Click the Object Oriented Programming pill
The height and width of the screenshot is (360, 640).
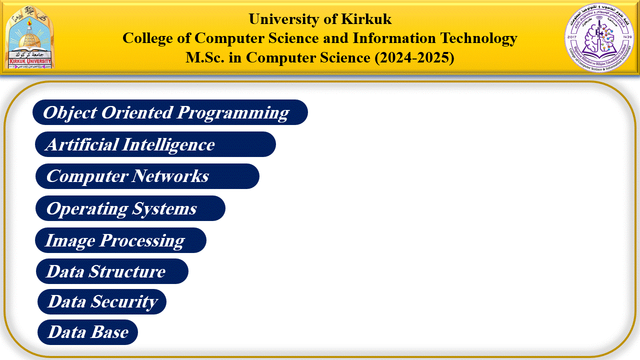tap(170, 112)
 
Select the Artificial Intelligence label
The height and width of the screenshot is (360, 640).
tap(155, 144)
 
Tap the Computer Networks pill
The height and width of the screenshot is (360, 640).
tap(147, 176)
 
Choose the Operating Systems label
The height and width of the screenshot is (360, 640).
tap(130, 208)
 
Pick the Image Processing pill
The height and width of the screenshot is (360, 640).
tap(120, 240)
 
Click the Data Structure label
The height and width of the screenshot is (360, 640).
tap(112, 271)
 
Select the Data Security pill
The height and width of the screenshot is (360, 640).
tap(102, 302)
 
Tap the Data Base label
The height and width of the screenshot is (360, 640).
tap(87, 332)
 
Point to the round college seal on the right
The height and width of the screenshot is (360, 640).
tap(599, 37)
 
